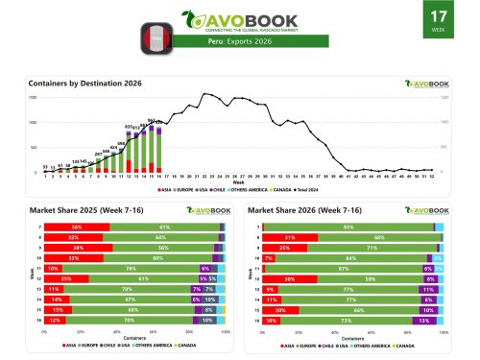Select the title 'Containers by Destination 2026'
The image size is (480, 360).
pyautogui.click(x=84, y=84)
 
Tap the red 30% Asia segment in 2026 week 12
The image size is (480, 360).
pyautogui.click(x=290, y=278)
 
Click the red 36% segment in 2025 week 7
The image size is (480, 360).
pyautogui.click(x=76, y=227)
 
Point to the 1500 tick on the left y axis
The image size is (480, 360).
pyautogui.click(x=33, y=97)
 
